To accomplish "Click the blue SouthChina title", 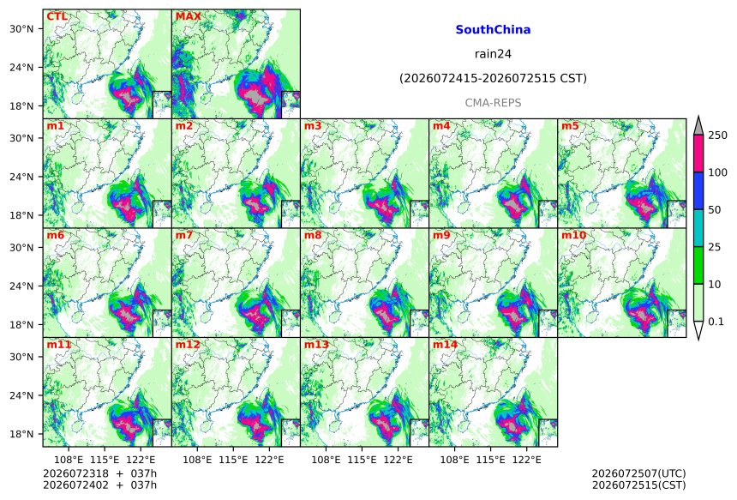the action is click(493, 30).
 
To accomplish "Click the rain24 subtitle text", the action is click(493, 54).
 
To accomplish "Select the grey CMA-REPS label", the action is click(493, 103).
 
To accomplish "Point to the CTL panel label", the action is click(57, 17).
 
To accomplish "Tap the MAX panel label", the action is click(188, 17).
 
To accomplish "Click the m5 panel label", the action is click(570, 126).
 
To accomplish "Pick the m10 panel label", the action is click(573, 235).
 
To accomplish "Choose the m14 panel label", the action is click(445, 345).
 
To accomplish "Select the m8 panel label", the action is click(313, 235).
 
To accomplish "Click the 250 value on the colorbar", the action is click(718, 136).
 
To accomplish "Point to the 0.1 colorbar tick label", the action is click(716, 322).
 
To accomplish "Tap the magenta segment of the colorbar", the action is click(698, 154).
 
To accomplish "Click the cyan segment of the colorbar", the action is click(698, 227).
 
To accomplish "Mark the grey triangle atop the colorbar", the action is click(698, 127).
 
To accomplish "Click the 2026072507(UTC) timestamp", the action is click(638, 473).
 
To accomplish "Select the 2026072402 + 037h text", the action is click(100, 485).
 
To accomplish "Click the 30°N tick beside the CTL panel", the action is click(21, 28).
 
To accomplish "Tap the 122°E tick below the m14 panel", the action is click(526, 460).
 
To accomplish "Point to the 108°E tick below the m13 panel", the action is click(326, 460).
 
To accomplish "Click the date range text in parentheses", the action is click(493, 78).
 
